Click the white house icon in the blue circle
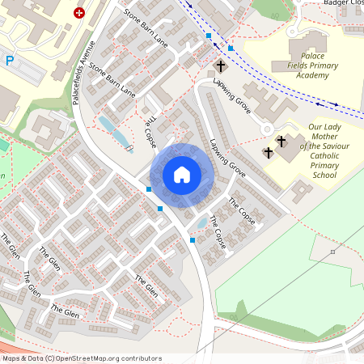point(182,174)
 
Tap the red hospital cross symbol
point(79,13)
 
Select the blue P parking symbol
point(10,61)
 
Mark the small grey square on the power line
point(332,252)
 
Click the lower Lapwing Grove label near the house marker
point(227,159)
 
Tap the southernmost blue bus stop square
point(193,239)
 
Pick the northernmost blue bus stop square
point(210,36)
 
